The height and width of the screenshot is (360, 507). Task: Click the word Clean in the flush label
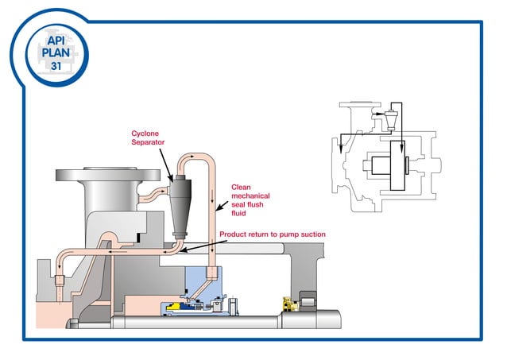[242, 188]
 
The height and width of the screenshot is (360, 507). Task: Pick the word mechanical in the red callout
[250, 196]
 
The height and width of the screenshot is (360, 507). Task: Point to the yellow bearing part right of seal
[288, 304]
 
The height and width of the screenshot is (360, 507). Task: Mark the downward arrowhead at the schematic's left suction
[340, 151]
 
